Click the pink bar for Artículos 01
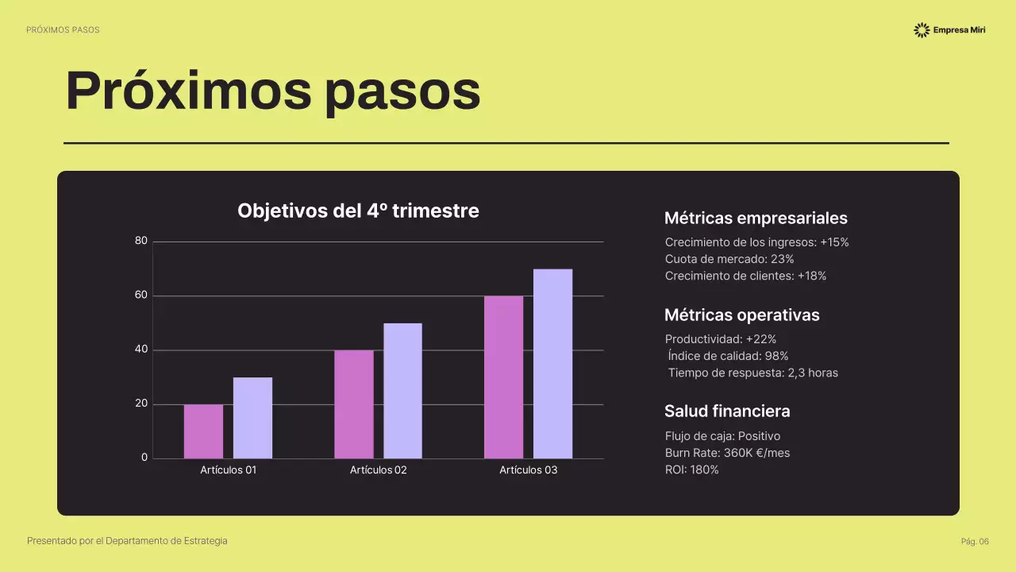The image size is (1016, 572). [x=203, y=431]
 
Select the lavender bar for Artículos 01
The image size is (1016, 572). [x=252, y=418]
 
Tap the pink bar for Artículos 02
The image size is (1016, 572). [x=353, y=404]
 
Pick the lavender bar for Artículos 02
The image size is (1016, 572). [x=402, y=391]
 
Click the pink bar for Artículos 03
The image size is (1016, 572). [x=503, y=377]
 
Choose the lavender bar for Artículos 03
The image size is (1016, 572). [x=552, y=364]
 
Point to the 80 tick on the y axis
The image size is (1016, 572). [x=141, y=241]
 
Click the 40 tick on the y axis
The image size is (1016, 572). [x=141, y=350]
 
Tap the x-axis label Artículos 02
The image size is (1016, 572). [x=378, y=470]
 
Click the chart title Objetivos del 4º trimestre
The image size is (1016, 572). [x=358, y=211]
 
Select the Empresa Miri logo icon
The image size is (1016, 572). [x=922, y=30]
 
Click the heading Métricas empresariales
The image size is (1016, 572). [x=755, y=218]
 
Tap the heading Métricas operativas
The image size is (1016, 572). [x=741, y=315]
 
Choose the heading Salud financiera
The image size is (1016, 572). [x=726, y=412]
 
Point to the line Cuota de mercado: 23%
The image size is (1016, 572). [x=729, y=259]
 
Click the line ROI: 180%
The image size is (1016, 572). [x=691, y=470]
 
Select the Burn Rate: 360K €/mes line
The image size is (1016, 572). [x=727, y=453]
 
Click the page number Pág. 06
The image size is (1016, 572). [x=975, y=542]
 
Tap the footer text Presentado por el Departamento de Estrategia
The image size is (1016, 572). [x=127, y=541]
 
